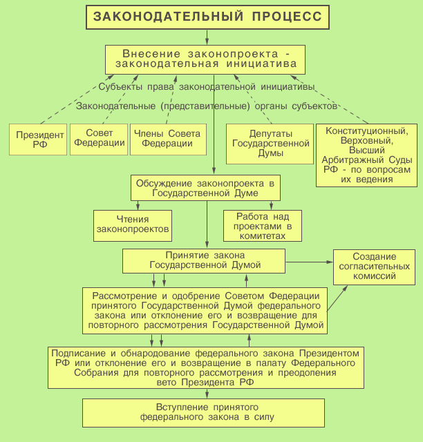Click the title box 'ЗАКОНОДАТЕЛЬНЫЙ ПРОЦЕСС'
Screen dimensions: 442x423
coord(208,16)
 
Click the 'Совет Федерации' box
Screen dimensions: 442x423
coord(99,138)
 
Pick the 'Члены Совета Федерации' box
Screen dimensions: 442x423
coord(167,139)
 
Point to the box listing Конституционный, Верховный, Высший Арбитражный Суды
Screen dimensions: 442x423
coord(366,155)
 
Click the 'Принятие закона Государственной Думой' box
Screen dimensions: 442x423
coord(205,261)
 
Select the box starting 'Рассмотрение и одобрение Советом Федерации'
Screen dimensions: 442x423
coord(205,310)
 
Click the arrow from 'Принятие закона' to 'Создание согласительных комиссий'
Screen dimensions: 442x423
coord(310,262)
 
